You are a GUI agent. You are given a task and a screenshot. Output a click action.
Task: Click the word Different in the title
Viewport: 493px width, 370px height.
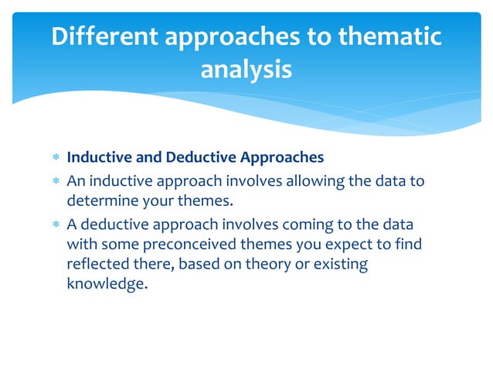[104, 37]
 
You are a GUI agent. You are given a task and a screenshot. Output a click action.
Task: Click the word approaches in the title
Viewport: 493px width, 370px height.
[240, 37]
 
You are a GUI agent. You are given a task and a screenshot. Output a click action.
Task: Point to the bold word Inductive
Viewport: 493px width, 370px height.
[98, 158]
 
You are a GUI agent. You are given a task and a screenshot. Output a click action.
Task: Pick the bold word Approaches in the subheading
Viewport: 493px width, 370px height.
[280, 158]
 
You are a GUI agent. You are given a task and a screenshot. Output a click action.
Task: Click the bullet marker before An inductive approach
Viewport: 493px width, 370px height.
[55, 181]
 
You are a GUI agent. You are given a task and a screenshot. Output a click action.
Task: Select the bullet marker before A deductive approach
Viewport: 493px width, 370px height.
[55, 225]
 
